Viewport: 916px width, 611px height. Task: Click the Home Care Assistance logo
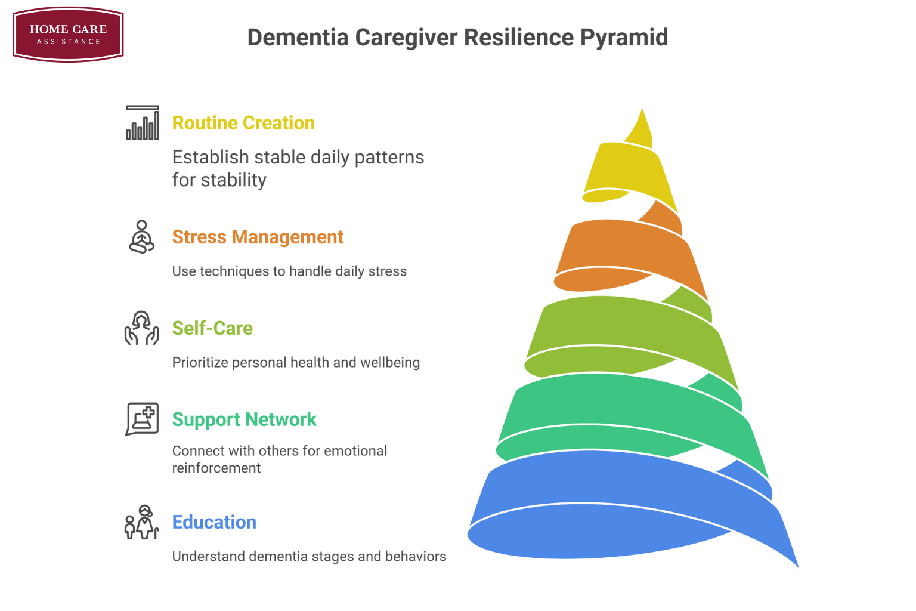tap(68, 34)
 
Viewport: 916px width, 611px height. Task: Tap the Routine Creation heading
tap(243, 123)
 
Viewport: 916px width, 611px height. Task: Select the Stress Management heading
tap(258, 237)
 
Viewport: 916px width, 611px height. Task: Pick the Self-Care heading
tap(212, 328)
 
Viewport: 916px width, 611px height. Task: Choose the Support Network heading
tap(244, 419)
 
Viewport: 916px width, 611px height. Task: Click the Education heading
tap(214, 522)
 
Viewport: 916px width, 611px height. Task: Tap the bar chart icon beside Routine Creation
tap(143, 123)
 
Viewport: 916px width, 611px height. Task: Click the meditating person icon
tap(142, 237)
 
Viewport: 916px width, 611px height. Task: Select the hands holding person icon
tap(142, 328)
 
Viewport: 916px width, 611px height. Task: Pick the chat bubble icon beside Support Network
tap(142, 419)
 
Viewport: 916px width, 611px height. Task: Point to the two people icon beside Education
tap(142, 523)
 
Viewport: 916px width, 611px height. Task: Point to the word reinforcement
tap(216, 468)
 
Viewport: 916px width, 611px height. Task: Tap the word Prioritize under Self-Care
tap(200, 363)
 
